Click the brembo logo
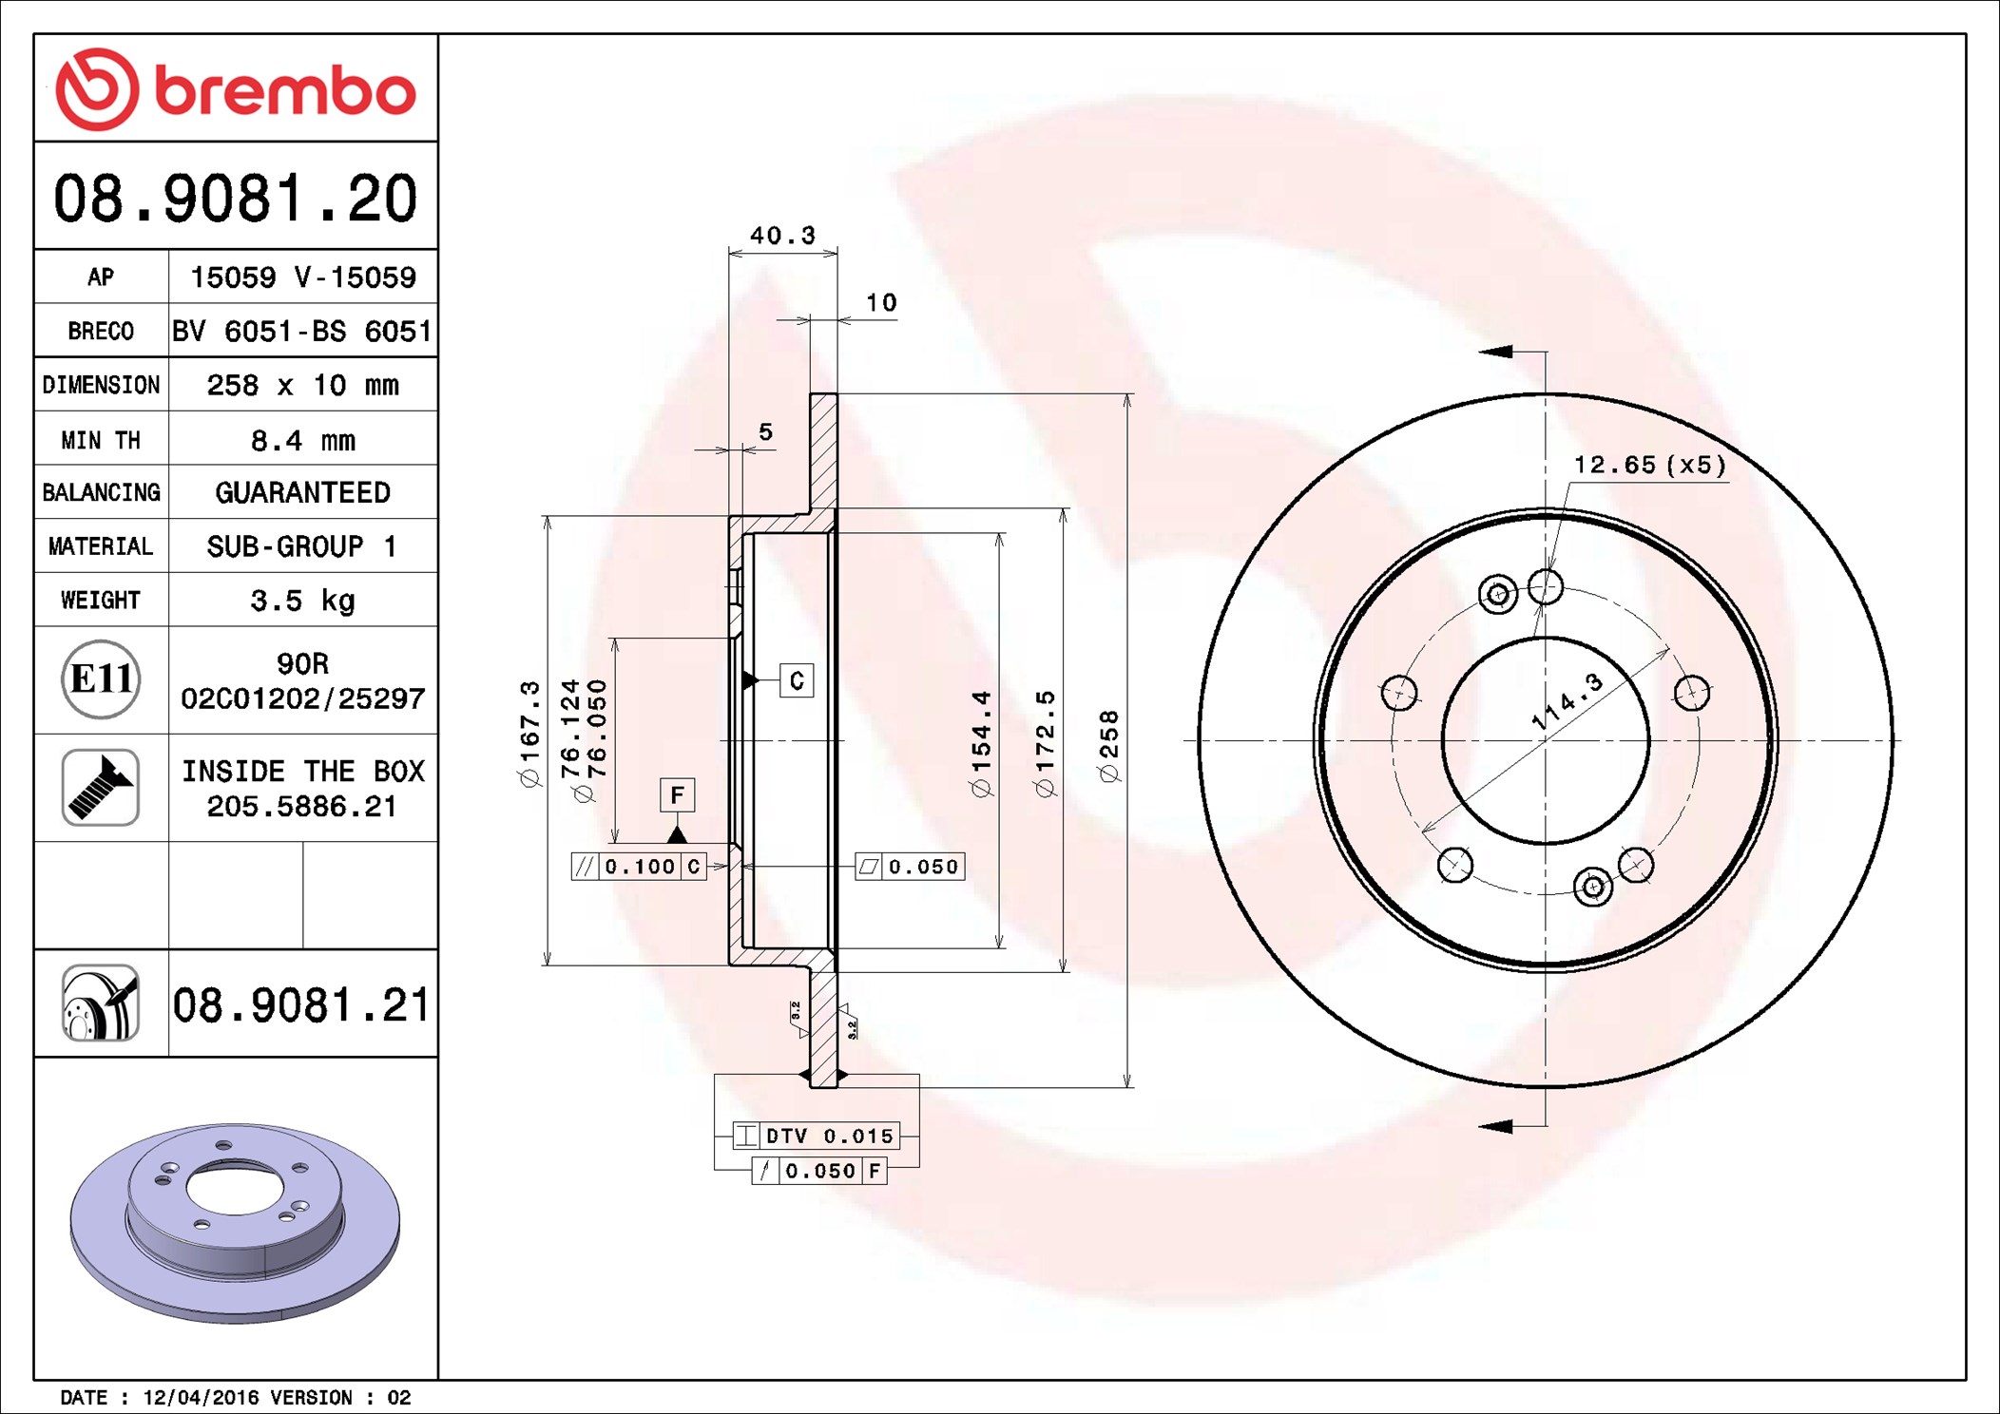[x=236, y=89]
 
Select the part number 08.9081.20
[x=236, y=199]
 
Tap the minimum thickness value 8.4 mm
[x=302, y=440]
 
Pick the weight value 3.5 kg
[x=302, y=601]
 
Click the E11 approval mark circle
[x=101, y=679]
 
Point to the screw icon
[x=101, y=788]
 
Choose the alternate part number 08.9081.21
[x=301, y=1005]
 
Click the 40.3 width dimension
[x=782, y=235]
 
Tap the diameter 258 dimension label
[x=1109, y=747]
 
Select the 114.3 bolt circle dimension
[x=1567, y=702]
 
